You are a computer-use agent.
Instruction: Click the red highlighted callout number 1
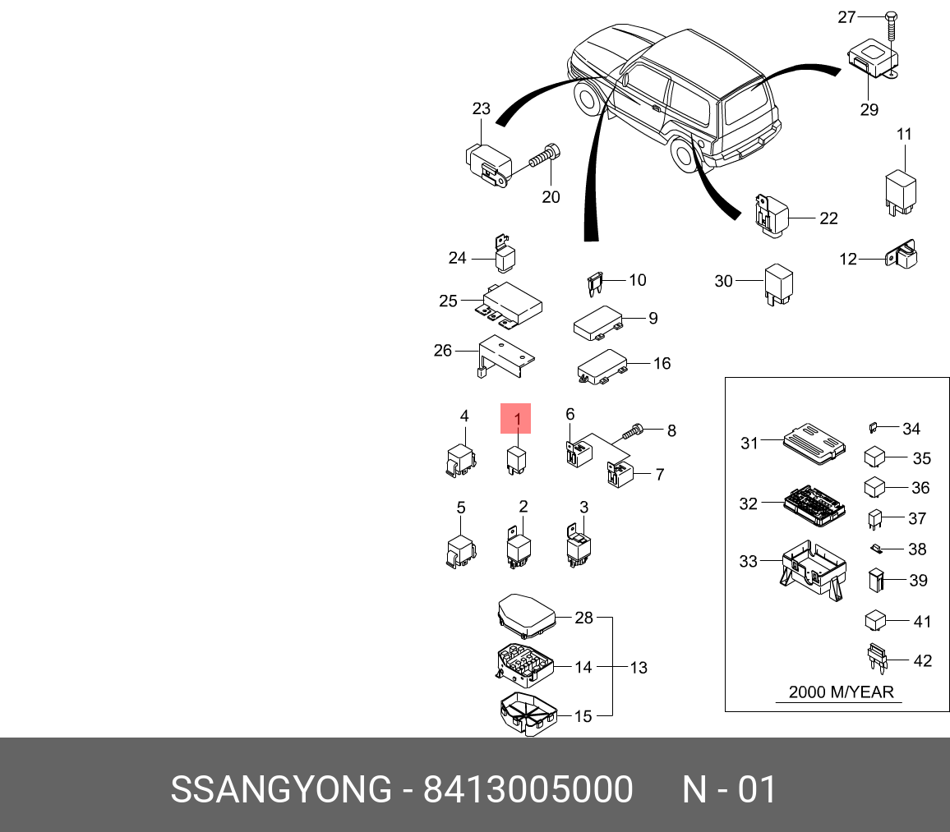click(x=517, y=419)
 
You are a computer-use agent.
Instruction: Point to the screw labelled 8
click(x=635, y=430)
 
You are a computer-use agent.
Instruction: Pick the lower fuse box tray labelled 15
click(x=526, y=712)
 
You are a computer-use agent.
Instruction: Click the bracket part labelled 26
click(x=504, y=357)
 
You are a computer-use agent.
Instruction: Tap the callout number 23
click(x=481, y=108)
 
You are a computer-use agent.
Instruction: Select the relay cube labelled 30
click(x=777, y=283)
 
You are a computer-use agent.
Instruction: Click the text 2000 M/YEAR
click(x=840, y=692)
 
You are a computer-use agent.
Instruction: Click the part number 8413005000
click(x=528, y=790)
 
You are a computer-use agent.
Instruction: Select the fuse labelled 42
click(x=879, y=659)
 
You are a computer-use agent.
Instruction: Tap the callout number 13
click(x=639, y=668)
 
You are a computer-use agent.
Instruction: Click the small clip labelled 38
click(x=876, y=548)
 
